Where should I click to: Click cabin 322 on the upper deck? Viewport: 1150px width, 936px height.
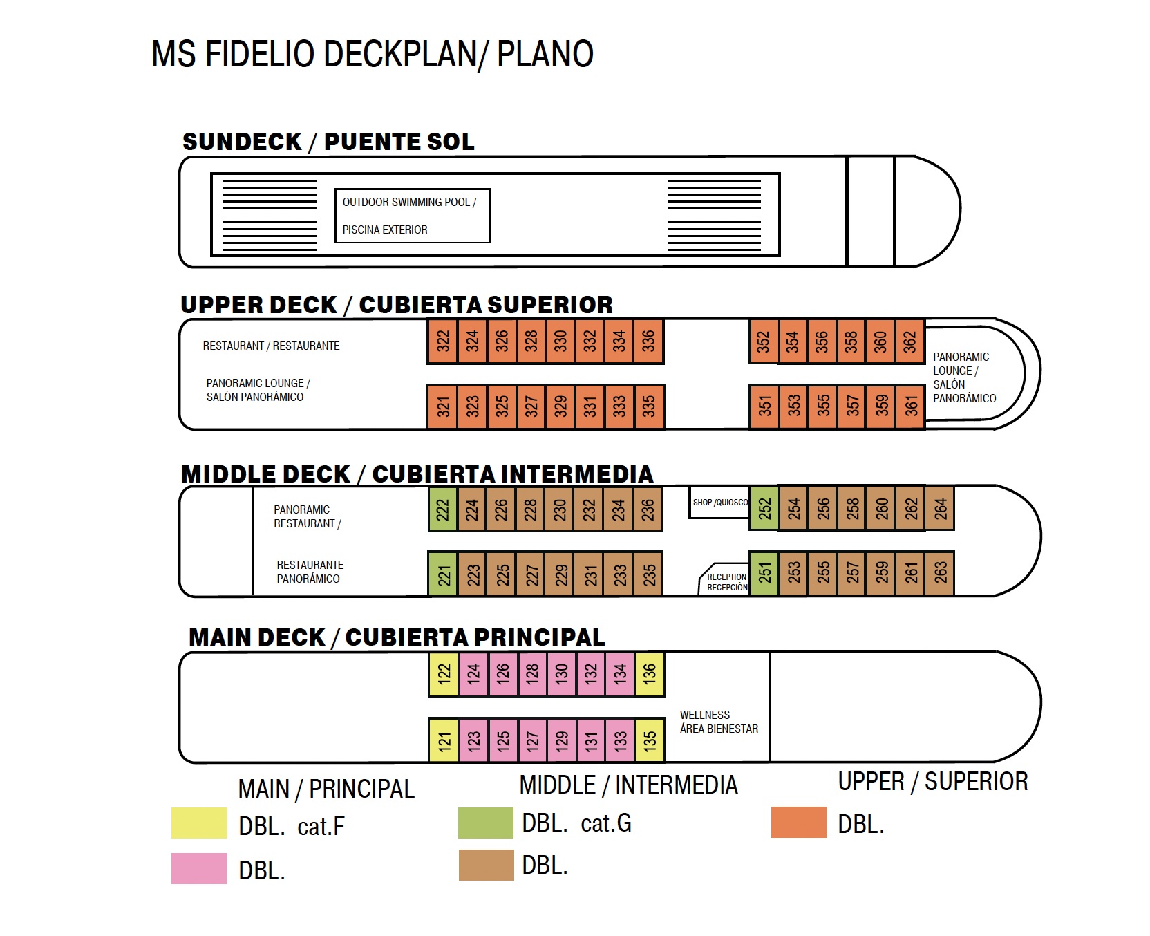442,341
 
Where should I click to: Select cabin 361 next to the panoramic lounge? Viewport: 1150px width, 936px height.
911,406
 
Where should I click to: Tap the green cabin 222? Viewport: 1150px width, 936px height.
442,509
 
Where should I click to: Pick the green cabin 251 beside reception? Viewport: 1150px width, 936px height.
764,573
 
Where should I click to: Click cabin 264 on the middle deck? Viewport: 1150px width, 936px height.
940,509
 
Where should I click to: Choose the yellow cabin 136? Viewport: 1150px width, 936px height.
649,674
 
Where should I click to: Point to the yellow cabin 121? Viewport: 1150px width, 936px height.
444,740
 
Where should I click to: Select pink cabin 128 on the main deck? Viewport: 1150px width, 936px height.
531,674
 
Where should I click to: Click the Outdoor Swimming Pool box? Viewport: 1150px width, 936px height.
413,216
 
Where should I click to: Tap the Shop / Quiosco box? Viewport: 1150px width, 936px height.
719,503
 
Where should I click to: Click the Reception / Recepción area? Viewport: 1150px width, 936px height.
726,581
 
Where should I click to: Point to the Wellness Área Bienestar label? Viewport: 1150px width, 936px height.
719,722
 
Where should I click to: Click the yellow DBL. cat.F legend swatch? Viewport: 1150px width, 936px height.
199,823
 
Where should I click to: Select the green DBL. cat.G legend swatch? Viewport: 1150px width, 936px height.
486,823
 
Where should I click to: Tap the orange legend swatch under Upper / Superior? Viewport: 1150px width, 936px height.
798,823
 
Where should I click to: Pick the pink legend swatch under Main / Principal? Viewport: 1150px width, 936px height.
199,868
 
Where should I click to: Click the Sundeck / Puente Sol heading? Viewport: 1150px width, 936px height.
328,142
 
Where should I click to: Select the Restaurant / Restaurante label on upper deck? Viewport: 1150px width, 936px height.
271,346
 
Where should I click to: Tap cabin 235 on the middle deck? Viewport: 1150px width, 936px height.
649,574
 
